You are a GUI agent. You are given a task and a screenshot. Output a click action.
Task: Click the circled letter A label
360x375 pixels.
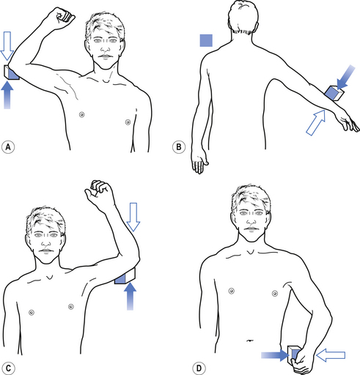tap(8, 147)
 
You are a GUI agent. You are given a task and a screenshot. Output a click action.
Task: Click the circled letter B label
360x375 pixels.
tap(179, 147)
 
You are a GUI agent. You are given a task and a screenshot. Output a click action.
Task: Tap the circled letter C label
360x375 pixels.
tap(8, 368)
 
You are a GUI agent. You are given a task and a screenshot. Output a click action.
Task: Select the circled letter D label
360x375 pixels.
tap(199, 368)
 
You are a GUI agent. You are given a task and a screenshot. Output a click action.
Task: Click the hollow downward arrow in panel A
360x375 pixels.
tap(7, 45)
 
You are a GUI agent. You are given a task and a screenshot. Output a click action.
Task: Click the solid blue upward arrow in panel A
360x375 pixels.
tap(7, 95)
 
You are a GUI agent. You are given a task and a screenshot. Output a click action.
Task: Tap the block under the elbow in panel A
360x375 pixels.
tap(11, 72)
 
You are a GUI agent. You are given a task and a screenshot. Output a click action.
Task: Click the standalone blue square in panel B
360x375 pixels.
tap(206, 40)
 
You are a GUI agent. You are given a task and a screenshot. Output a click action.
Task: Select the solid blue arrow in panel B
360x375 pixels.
tap(345, 78)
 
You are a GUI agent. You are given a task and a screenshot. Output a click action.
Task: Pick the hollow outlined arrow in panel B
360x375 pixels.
tap(316, 122)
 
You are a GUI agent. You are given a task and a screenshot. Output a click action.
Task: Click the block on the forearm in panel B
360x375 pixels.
tap(334, 93)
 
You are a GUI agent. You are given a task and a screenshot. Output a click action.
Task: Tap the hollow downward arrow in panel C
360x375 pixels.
tap(133, 217)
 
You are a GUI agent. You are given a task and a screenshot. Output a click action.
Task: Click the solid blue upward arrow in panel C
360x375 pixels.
tap(130, 296)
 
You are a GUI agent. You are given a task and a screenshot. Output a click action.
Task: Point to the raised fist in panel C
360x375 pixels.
tap(100, 193)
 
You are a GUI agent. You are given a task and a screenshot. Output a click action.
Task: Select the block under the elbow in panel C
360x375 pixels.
tap(125, 276)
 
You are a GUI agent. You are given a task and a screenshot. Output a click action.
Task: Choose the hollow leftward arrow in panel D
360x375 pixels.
tap(331, 355)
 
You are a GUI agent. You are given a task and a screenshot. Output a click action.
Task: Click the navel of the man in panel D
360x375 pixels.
tap(249, 340)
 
